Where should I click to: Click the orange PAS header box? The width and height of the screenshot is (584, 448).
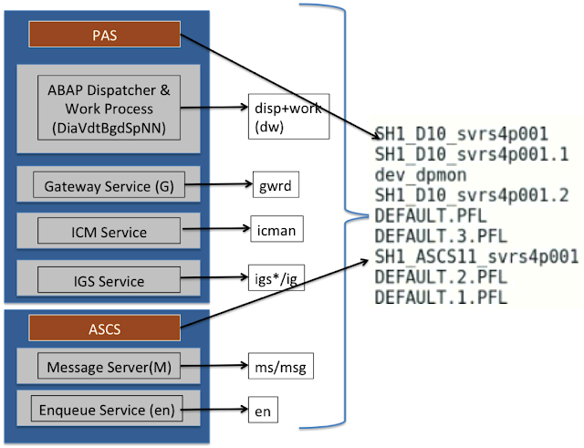pyautogui.click(x=105, y=36)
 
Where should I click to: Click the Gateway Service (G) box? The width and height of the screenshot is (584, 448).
pyautogui.click(x=108, y=187)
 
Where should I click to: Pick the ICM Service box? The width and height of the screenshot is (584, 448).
pyautogui.click(x=108, y=233)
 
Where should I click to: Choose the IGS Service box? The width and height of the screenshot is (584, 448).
pyautogui.click(x=108, y=278)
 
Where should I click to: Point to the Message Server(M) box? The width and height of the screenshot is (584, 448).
pyautogui.click(x=108, y=367)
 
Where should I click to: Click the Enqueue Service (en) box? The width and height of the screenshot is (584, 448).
pyautogui.click(x=108, y=410)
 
